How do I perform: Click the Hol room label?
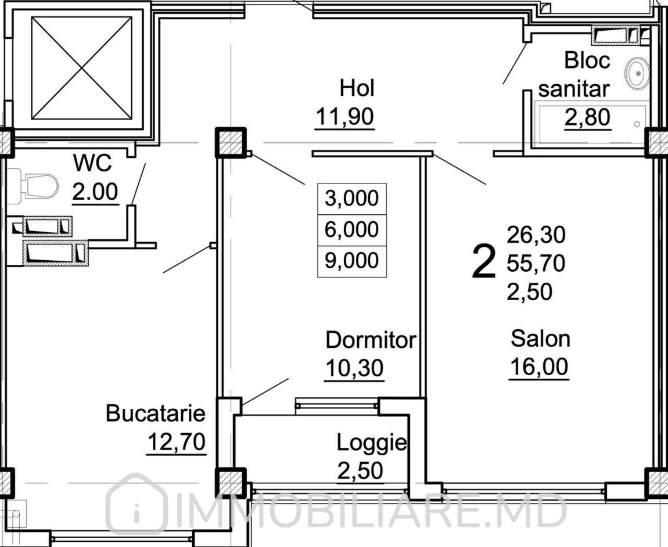tap(357, 89)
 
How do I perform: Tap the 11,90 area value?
tap(345, 116)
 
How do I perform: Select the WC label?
tap(92, 163)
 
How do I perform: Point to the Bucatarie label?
tap(156, 413)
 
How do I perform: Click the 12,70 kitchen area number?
tap(177, 442)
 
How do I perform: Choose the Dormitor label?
tap(371, 340)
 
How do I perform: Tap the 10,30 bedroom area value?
tap(354, 368)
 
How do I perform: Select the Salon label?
tap(540, 339)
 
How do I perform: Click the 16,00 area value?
tap(539, 366)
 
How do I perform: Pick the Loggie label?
tap(372, 443)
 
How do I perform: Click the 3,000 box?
tap(352, 199)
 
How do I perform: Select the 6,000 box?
tap(352, 230)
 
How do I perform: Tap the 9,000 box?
tap(352, 261)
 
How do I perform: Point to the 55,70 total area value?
tap(536, 263)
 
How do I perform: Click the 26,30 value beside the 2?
tap(536, 235)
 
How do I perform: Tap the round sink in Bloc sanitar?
tap(637, 74)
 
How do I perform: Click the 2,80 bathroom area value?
tap(587, 117)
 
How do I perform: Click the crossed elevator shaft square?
tap(81, 68)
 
